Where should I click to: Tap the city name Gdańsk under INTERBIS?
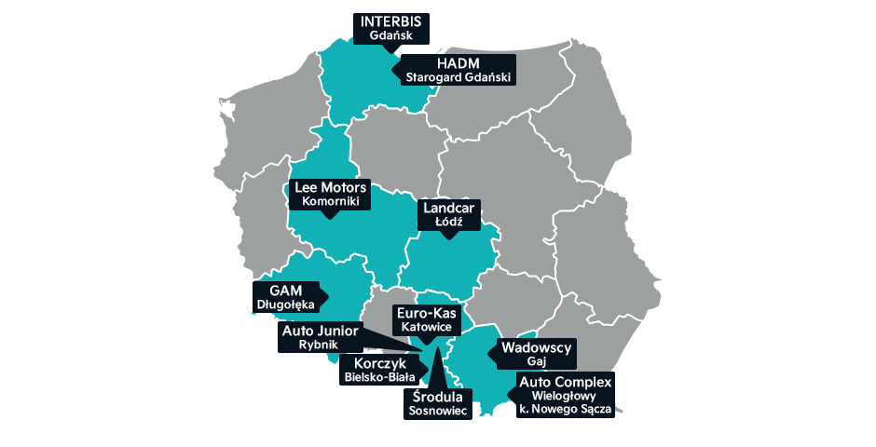coord(390,36)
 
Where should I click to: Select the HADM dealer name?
coord(459,63)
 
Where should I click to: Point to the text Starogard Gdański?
coord(459,77)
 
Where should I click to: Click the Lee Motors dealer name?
coord(330,187)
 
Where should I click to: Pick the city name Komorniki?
coord(330,201)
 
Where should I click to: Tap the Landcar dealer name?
coord(449,209)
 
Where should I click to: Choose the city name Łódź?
coord(449,223)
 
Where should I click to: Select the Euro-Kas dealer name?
coord(425,314)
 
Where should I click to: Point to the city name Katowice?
coord(425,328)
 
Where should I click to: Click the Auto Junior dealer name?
coord(320,330)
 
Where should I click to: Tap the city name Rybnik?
coord(320,344)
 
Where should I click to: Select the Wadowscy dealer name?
coord(535,347)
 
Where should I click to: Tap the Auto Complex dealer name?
coord(566,383)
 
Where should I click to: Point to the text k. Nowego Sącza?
coord(566,409)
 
